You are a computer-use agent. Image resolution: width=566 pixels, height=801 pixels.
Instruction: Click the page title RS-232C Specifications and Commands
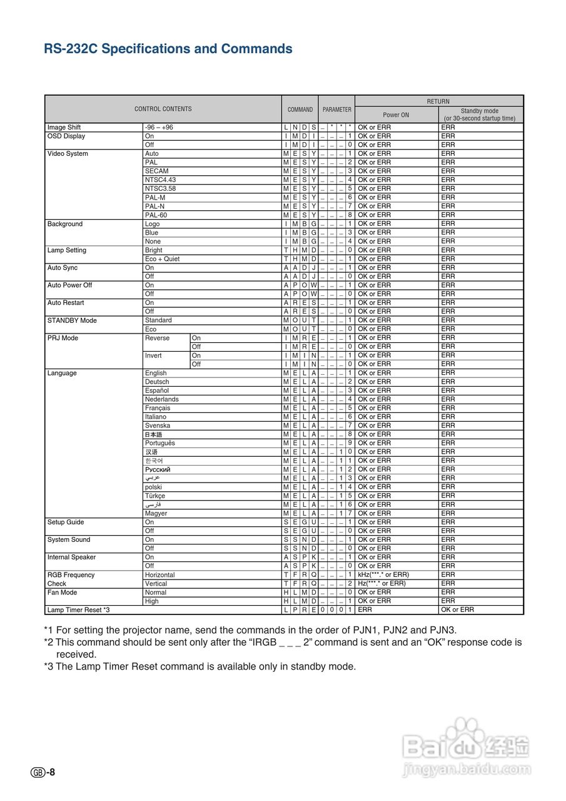(x=168, y=49)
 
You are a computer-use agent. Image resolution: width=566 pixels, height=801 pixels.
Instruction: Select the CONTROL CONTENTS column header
(x=163, y=109)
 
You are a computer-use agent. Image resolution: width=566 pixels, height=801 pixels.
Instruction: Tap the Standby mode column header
(x=480, y=115)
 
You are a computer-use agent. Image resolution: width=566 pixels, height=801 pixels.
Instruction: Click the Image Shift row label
(x=64, y=128)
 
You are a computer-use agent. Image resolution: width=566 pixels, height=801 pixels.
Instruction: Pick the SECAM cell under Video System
(x=156, y=171)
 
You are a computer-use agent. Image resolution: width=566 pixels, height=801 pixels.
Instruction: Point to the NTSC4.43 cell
(x=160, y=180)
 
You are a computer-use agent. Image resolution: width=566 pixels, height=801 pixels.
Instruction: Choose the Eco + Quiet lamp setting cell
(x=162, y=259)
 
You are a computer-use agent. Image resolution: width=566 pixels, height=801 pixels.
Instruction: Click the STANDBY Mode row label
(x=72, y=320)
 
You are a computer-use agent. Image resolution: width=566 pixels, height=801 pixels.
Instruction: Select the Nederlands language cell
(x=161, y=399)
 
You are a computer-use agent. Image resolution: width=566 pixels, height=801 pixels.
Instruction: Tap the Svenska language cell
(x=157, y=426)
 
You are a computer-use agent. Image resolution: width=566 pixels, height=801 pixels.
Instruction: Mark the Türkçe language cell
(x=155, y=496)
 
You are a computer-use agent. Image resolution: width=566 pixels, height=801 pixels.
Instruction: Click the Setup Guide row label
(x=66, y=522)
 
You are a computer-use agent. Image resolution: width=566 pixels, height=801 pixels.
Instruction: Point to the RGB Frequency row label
(x=71, y=574)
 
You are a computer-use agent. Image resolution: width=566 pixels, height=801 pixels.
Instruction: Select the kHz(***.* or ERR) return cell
(x=383, y=574)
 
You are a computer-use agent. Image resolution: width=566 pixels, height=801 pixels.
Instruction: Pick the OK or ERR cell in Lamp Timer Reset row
(x=458, y=610)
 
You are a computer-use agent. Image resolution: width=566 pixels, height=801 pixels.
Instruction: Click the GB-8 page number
(x=43, y=772)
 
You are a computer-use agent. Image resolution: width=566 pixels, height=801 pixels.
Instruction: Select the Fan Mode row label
(x=63, y=592)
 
